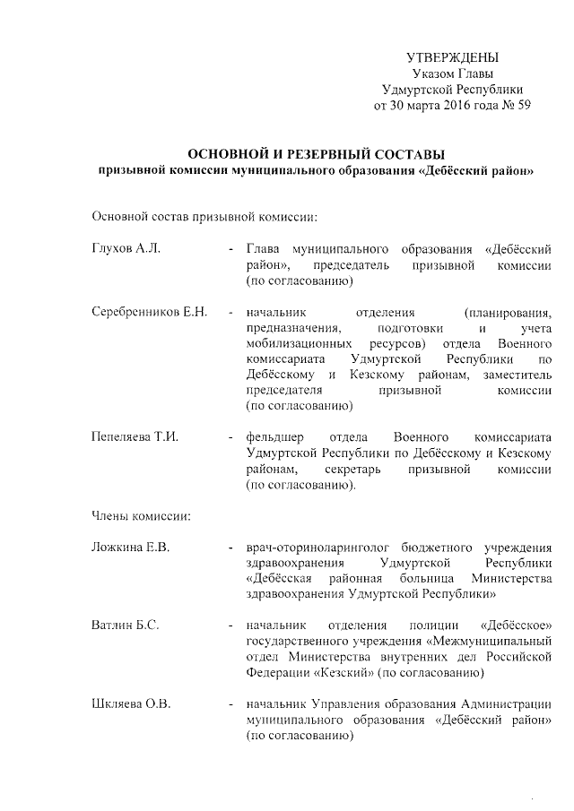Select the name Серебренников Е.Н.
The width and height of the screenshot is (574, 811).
coord(150,312)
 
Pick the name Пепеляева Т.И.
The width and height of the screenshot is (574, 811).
coord(135,437)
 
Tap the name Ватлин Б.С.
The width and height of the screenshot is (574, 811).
coord(126,625)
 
